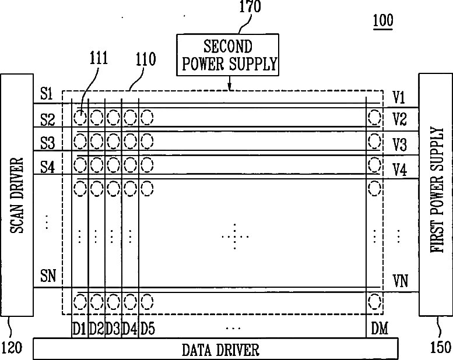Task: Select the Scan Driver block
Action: click(17, 194)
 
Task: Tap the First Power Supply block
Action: click(436, 194)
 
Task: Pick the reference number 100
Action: click(382, 22)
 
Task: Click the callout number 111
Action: click(99, 61)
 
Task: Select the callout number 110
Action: click(145, 61)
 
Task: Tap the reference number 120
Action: click(12, 348)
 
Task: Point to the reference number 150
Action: click(440, 348)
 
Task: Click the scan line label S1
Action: click(47, 94)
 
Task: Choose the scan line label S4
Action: click(48, 167)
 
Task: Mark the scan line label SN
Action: click(48, 276)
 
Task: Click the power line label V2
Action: click(399, 119)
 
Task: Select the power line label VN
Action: click(401, 283)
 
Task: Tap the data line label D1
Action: click(79, 329)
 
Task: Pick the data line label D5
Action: click(148, 329)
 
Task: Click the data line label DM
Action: click(379, 329)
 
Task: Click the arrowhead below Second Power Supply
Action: click(230, 89)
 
